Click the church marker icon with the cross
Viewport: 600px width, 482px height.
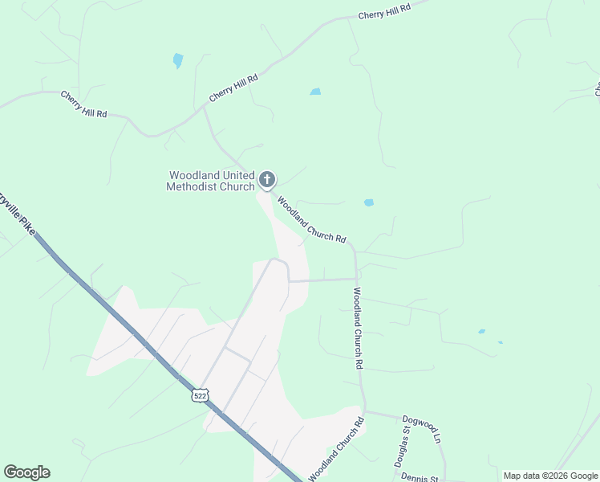(266, 180)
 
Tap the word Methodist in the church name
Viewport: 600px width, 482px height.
(195, 187)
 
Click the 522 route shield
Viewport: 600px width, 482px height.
(200, 395)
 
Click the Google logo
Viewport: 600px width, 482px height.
(26, 472)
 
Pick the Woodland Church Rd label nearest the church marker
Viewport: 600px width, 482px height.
(311, 220)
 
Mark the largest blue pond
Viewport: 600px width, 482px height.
(177, 60)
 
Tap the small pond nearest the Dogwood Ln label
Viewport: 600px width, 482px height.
(481, 331)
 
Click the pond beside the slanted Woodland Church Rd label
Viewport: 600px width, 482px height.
(368, 202)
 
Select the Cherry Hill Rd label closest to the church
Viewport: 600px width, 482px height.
(233, 88)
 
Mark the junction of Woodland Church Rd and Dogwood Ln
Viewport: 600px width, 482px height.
(364, 412)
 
